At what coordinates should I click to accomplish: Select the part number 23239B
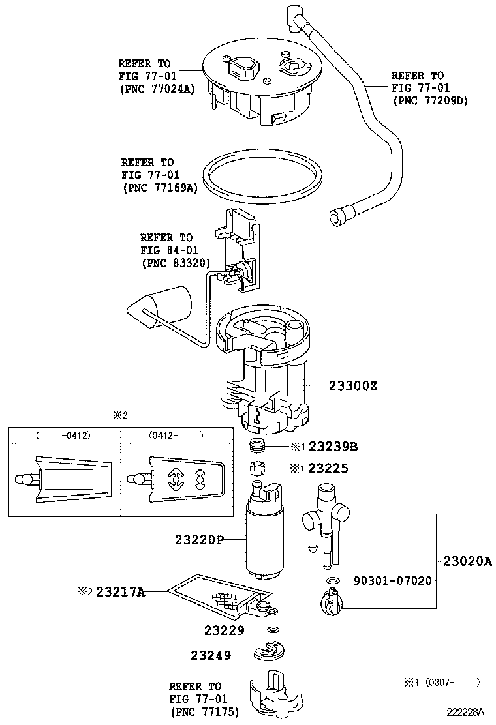coord(333,447)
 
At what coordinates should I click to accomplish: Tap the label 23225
coord(328,468)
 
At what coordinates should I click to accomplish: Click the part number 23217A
coord(121,592)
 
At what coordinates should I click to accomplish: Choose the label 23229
coord(224,630)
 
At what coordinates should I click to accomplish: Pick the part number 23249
coord(211,655)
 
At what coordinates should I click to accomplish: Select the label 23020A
coord(467,561)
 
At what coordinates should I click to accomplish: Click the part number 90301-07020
coord(393,580)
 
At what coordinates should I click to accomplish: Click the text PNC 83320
coord(175,263)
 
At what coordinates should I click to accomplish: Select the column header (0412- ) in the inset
coord(176,435)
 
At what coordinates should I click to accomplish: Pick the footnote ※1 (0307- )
coord(442,683)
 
